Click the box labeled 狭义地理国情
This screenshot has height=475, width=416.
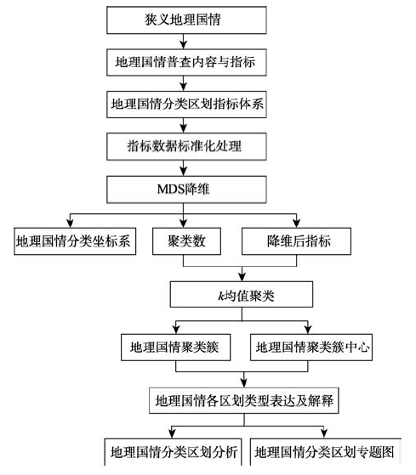point(186,20)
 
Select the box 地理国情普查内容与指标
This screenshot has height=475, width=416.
point(186,62)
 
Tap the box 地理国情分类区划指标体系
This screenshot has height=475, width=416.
point(186,105)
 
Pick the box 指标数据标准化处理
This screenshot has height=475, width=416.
point(186,147)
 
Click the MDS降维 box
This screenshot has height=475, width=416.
point(186,189)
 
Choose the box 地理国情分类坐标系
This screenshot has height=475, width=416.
point(75,241)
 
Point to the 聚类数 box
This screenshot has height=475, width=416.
point(186,241)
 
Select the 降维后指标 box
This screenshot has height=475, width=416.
point(296,241)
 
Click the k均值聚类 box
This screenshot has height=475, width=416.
point(242,295)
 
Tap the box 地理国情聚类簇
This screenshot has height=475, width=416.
point(175,348)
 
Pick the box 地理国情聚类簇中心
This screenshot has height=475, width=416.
point(311,348)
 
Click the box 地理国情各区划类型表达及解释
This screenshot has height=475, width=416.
point(244,400)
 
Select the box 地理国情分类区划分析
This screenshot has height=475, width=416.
point(174,452)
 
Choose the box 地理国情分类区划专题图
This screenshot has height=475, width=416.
point(326,452)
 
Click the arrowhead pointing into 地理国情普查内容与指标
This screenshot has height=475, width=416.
point(183,45)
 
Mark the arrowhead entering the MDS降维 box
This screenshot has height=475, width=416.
point(183,172)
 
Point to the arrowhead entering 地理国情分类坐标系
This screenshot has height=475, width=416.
point(71,223)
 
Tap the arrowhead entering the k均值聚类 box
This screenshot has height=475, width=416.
point(242,277)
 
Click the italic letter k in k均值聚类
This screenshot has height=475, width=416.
point(220,296)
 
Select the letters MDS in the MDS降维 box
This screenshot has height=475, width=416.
point(171,189)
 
